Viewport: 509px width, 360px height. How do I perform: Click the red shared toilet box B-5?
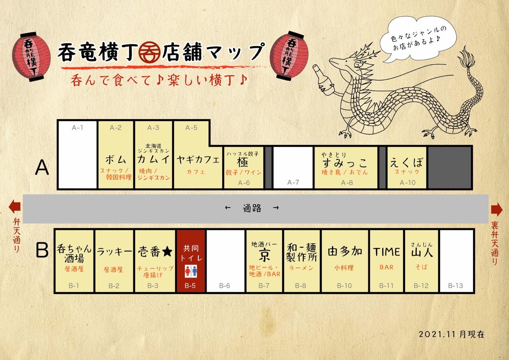pyautogui.click(x=190, y=261)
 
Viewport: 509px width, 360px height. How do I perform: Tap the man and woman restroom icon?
pyautogui.click(x=191, y=271)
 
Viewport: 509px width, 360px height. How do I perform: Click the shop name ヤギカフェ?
pyautogui.click(x=198, y=160)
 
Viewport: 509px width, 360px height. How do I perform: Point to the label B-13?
pyautogui.click(x=456, y=286)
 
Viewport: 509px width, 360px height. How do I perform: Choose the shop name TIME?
pyautogui.click(x=386, y=252)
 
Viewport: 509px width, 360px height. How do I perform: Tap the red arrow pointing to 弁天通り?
pyautogui.click(x=14, y=207)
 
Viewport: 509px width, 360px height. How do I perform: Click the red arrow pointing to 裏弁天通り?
pyautogui.click(x=496, y=210)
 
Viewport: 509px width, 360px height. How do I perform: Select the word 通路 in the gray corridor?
pyautogui.click(x=252, y=208)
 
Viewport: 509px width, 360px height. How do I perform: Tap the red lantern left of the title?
pyautogui.click(x=31, y=56)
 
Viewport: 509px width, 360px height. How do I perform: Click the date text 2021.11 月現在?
pyautogui.click(x=452, y=334)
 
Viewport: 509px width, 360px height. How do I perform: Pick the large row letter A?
pyautogui.click(x=42, y=167)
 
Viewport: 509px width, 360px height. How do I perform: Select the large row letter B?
pyautogui.click(x=42, y=250)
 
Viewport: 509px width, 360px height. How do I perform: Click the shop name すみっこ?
pyautogui.click(x=345, y=163)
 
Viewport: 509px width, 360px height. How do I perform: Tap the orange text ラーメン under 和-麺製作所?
pyautogui.click(x=301, y=268)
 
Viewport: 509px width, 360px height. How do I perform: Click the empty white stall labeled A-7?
pyautogui.click(x=293, y=167)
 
